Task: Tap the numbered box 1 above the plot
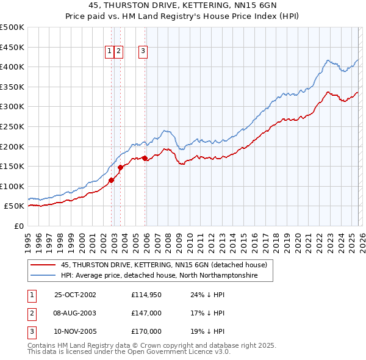click(x=109, y=52)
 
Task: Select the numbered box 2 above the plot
click(x=118, y=52)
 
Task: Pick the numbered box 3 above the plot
click(x=143, y=52)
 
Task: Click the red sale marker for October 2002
click(x=112, y=180)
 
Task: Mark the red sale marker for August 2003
click(x=120, y=167)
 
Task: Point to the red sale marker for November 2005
click(x=145, y=158)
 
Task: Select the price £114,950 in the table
click(x=146, y=294)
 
